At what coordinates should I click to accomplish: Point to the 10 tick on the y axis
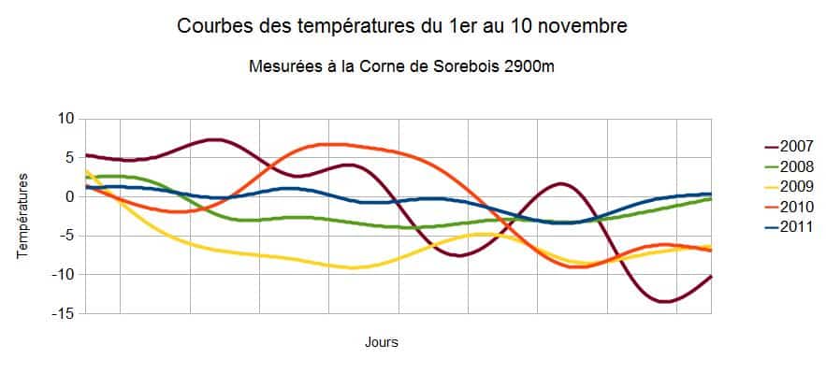tap(65, 119)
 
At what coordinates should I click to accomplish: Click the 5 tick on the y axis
tap(68, 158)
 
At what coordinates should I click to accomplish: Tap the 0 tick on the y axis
tap(68, 197)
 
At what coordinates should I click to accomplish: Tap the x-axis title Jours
tap(382, 342)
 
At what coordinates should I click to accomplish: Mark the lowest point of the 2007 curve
tap(665, 301)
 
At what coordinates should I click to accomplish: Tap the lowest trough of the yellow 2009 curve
tap(352, 267)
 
